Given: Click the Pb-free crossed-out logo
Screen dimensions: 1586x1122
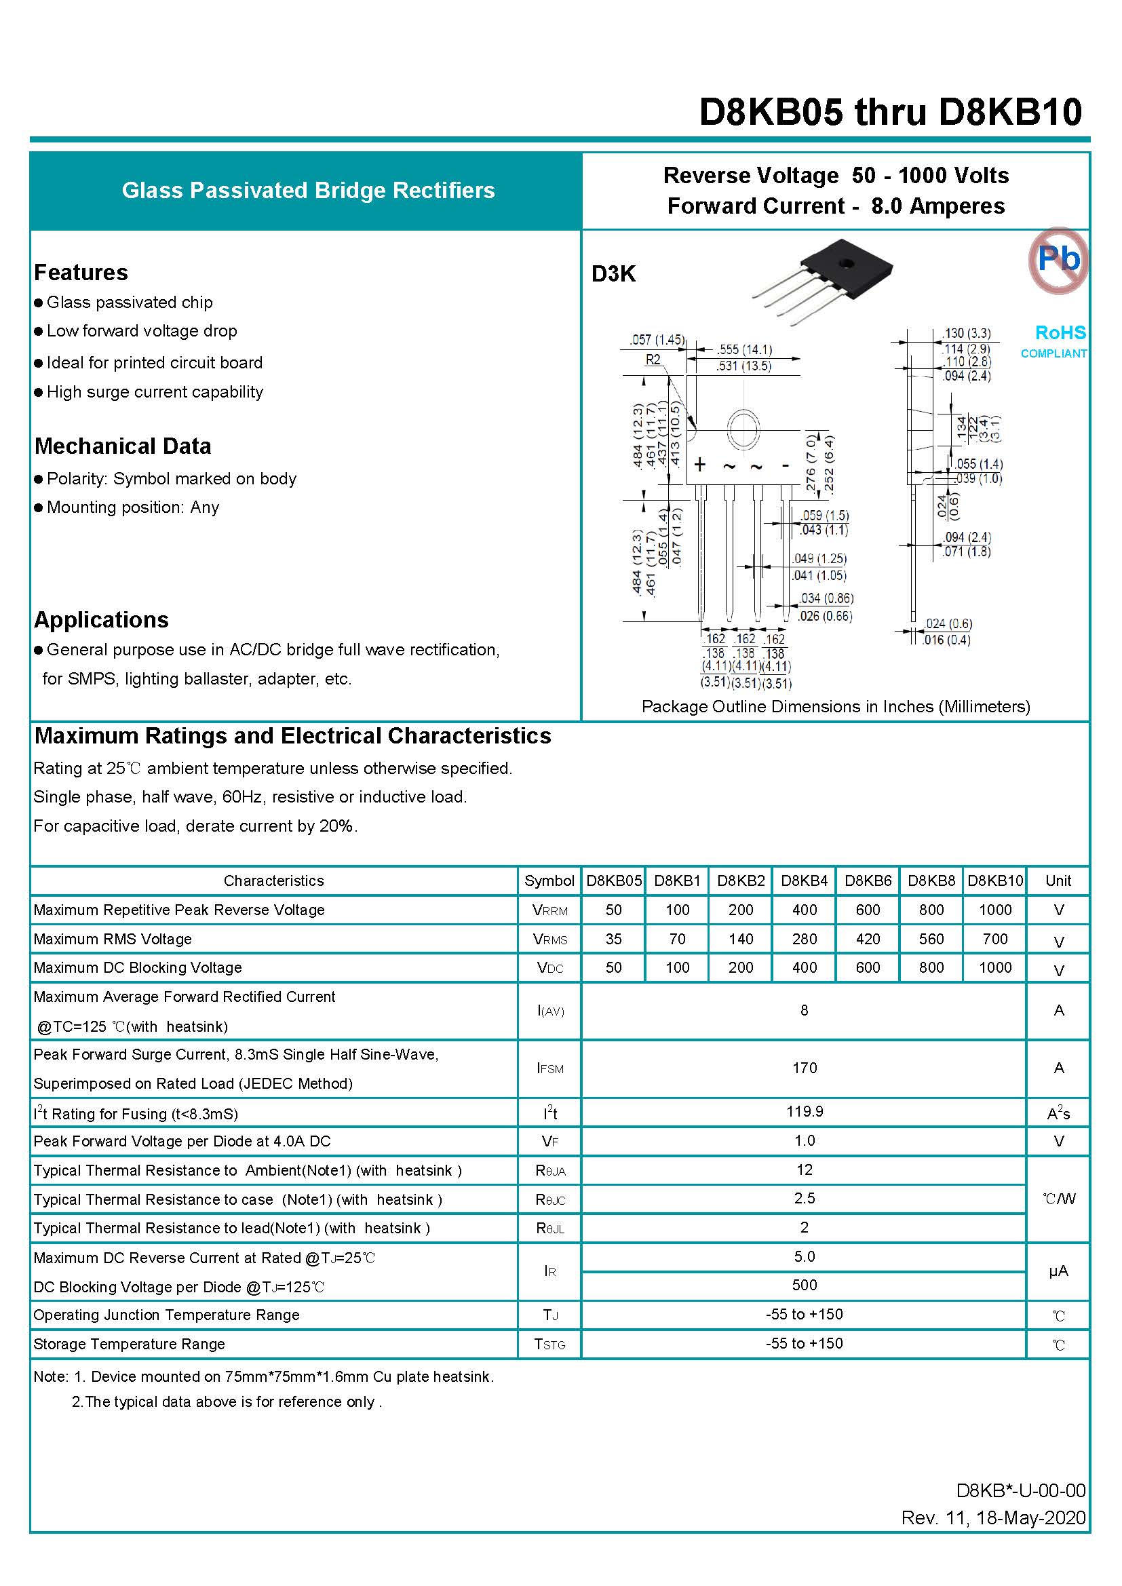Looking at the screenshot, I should point(1057,260).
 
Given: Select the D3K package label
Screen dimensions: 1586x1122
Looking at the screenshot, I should point(613,274).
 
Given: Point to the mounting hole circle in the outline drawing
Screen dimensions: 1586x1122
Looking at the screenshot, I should point(743,430).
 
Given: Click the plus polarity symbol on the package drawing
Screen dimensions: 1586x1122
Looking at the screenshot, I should point(700,464).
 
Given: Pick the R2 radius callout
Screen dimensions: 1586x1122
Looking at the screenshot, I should point(653,360).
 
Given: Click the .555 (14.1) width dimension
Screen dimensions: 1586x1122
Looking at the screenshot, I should point(744,349).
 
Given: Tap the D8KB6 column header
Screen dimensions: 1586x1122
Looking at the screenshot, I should point(868,881).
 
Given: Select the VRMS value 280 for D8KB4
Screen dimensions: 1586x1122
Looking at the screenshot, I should point(805,939).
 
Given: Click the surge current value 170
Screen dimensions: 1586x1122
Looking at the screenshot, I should point(805,1068).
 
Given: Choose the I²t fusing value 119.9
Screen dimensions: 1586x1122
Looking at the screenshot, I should point(805,1111).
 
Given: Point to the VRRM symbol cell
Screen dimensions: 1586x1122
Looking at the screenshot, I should point(550,910).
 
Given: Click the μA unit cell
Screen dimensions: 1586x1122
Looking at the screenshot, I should point(1058,1271).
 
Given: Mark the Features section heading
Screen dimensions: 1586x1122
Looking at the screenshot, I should point(81,272).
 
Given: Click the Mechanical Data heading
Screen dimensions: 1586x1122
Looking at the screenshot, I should point(123,446).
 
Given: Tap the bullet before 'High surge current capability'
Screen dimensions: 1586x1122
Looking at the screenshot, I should point(39,393).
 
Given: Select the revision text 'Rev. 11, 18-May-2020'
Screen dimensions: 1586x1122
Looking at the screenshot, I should point(993,1517).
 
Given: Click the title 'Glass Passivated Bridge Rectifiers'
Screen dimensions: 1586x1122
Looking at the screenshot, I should point(308,191).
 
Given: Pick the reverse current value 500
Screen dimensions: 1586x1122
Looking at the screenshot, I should point(805,1285).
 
